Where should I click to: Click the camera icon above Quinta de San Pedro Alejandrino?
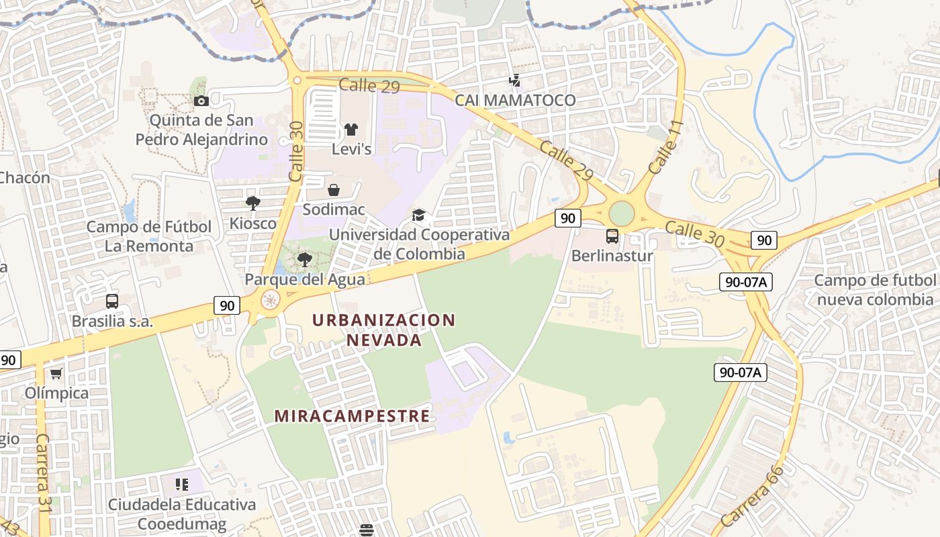(201, 101)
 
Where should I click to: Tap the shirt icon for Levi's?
(351, 130)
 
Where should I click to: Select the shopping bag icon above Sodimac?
(334, 190)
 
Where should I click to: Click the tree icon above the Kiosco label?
(253, 203)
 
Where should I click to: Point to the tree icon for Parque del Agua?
(305, 259)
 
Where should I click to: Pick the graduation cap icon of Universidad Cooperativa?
(419, 215)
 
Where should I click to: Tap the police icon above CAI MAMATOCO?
(515, 81)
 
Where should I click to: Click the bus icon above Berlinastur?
(612, 236)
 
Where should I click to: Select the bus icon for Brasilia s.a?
(112, 301)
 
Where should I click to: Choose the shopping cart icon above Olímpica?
(56, 373)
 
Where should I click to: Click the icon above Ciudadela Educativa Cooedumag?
(181, 484)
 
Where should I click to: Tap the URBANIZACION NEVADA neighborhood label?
(384, 330)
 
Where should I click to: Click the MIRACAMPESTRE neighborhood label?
(352, 416)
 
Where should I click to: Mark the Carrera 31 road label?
(44, 473)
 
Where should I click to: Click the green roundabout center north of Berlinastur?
(622, 214)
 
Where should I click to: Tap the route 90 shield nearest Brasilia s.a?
(227, 305)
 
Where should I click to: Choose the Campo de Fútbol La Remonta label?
(148, 236)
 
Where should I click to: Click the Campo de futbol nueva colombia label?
(874, 289)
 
